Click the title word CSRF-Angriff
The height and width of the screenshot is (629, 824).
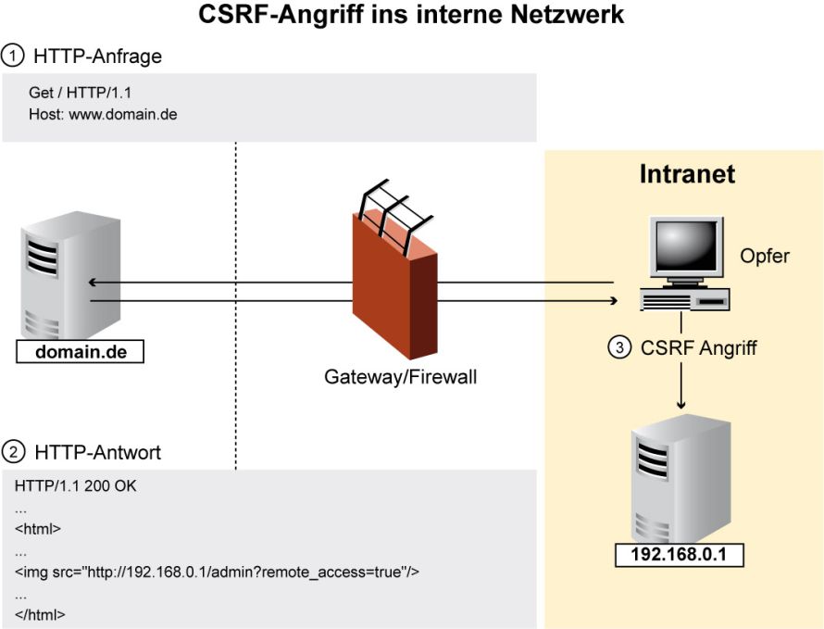281,14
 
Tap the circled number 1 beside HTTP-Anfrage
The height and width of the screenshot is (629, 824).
13,56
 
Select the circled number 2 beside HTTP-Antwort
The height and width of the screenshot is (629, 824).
13,452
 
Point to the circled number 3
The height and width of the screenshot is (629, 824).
619,347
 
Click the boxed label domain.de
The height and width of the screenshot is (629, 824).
81,351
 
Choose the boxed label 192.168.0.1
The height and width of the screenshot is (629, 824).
679,554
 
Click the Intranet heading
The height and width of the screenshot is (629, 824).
687,174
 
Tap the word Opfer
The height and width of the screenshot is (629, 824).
765,256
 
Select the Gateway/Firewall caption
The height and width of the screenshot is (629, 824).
401,377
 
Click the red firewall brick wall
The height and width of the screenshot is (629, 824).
394,284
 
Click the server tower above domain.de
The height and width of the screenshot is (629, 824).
70,275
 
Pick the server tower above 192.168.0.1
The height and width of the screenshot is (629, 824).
680,480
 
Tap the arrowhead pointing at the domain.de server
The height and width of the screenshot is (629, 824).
92,283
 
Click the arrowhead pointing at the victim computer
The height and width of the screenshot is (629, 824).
614,301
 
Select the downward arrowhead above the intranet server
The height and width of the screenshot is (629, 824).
681,405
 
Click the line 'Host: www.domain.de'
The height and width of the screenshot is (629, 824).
103,114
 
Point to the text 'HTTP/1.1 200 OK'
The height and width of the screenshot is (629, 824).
76,485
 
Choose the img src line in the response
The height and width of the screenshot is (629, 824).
217,572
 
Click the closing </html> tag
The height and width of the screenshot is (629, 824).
40,614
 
